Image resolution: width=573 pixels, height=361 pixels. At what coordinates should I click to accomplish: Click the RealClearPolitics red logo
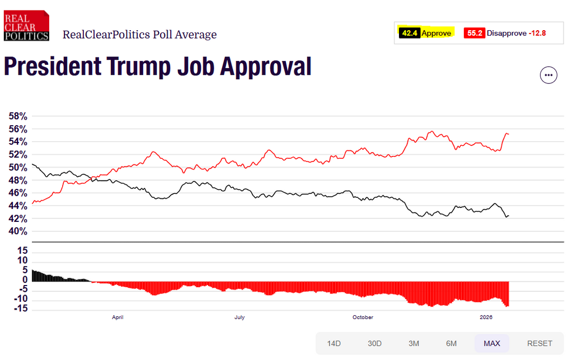tap(26, 26)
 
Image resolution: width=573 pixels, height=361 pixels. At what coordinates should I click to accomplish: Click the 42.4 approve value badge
tap(410, 33)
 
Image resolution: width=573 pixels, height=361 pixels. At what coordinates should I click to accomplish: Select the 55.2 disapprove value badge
tap(475, 33)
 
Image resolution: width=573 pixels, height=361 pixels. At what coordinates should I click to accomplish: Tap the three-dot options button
tap(548, 75)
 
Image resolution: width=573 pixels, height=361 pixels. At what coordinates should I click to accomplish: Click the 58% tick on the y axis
tap(17, 117)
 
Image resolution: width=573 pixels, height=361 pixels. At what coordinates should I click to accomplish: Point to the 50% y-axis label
tap(17, 168)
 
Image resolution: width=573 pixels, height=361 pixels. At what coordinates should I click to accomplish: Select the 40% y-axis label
tap(17, 231)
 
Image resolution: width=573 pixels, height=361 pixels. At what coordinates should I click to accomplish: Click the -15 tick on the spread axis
tap(21, 309)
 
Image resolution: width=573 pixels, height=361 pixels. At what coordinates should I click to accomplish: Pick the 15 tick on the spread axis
tap(22, 250)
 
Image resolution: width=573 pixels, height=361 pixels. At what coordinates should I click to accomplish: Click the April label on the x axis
tap(118, 317)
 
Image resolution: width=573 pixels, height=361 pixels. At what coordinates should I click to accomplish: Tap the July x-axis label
tap(239, 317)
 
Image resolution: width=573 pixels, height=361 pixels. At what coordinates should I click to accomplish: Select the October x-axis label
tap(363, 317)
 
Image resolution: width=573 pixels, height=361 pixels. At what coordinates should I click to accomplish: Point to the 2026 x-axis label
tap(486, 317)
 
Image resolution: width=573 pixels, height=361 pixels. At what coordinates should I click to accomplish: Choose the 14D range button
tap(334, 343)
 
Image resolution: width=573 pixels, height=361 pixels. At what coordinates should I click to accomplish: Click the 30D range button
tap(374, 343)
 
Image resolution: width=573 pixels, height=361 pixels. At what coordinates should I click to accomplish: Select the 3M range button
tap(414, 343)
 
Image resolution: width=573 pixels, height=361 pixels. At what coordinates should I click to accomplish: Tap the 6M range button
tap(452, 343)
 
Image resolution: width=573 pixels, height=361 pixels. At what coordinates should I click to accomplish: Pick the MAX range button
tap(492, 343)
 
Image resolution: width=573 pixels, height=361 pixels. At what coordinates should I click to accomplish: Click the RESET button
tap(539, 343)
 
